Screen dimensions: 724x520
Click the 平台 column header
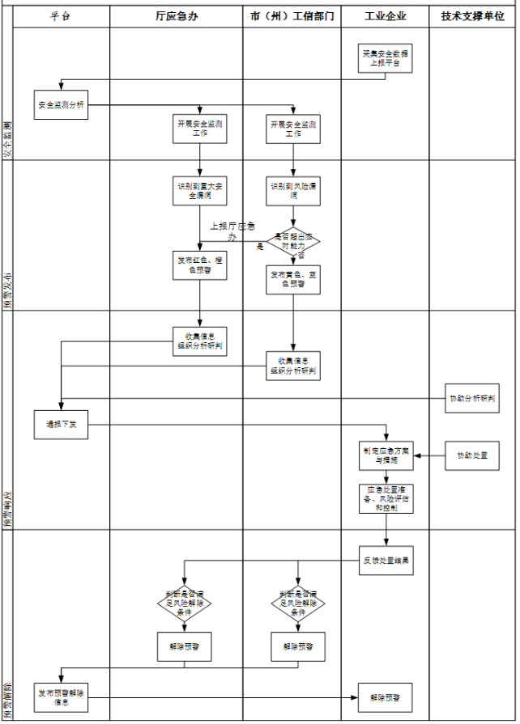click(x=61, y=16)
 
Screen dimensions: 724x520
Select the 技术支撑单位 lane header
click(x=473, y=16)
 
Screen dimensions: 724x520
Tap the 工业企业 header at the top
click(x=386, y=16)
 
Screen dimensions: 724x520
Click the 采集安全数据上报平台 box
click(x=386, y=58)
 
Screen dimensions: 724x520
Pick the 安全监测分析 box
click(x=61, y=105)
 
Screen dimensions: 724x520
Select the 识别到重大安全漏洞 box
click(x=200, y=190)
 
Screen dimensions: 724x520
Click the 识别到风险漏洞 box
click(x=294, y=190)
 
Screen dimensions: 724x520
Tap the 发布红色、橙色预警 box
click(x=200, y=265)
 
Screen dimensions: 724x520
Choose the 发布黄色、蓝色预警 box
click(x=294, y=279)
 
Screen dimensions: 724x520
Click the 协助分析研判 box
click(x=473, y=398)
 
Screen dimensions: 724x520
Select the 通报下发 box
click(x=61, y=425)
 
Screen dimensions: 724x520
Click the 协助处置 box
click(x=473, y=455)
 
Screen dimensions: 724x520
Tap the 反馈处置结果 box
click(x=386, y=561)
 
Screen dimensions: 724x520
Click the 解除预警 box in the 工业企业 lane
click(x=386, y=696)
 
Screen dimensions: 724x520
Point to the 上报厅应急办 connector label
click(x=233, y=231)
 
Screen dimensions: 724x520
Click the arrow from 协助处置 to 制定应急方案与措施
click(x=430, y=456)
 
